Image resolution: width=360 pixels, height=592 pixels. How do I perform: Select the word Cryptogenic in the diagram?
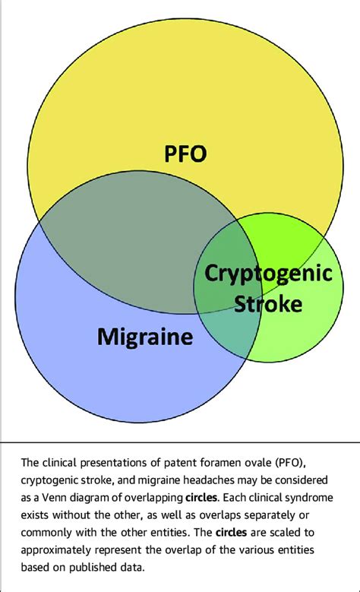pos(270,272)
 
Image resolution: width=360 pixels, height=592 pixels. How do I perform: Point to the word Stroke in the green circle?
pos(268,304)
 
